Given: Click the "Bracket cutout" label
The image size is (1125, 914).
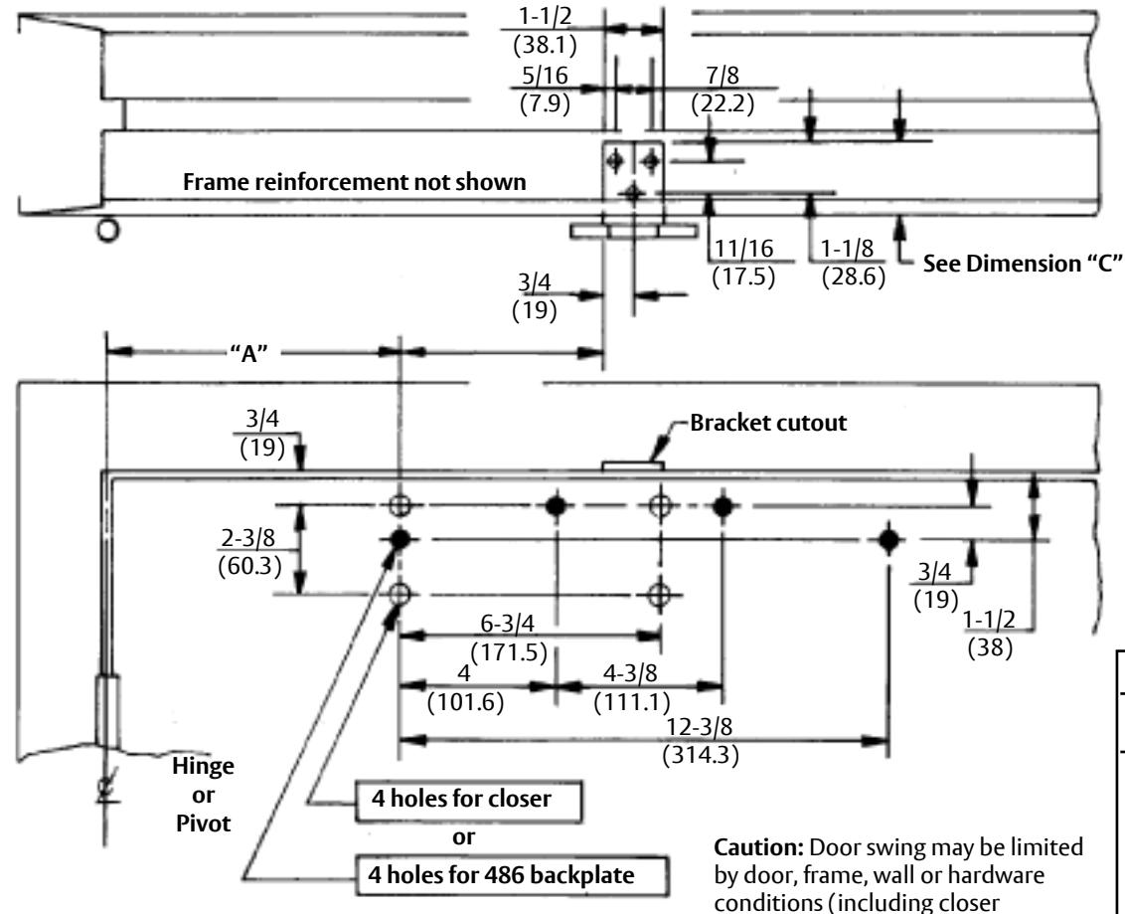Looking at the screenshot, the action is (767, 423).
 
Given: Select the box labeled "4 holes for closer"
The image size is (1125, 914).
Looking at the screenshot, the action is (468, 802).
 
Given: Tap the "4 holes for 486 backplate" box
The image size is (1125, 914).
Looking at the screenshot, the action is (512, 875).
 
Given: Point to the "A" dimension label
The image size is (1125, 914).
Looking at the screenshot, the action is (249, 353).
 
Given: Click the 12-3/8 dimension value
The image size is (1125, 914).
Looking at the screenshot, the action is (700, 727).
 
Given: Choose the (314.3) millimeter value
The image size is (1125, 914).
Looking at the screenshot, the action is (701, 755).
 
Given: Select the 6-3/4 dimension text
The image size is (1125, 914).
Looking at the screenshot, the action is (507, 624).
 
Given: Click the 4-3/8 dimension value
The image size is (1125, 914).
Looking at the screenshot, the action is (629, 673).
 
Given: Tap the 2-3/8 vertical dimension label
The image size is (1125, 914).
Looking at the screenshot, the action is (247, 538).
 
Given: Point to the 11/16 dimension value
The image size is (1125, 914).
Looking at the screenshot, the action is (744, 249).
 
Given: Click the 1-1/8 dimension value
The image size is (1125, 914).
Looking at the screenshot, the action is (847, 249).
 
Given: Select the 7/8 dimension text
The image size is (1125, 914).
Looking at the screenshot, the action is (723, 76).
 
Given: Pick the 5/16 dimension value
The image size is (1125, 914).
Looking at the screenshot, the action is (545, 76).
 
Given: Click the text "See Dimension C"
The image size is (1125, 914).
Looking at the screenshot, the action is (1022, 264).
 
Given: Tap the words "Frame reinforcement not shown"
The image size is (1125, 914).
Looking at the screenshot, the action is (355, 182).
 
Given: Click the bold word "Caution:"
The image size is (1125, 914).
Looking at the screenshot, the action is (759, 848).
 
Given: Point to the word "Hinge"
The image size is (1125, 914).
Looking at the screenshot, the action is (203, 766).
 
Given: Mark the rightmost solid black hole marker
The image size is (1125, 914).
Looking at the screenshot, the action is (888, 539).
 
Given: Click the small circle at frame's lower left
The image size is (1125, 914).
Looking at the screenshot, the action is (107, 231).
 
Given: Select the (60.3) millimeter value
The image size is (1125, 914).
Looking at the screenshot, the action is (249, 567).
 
